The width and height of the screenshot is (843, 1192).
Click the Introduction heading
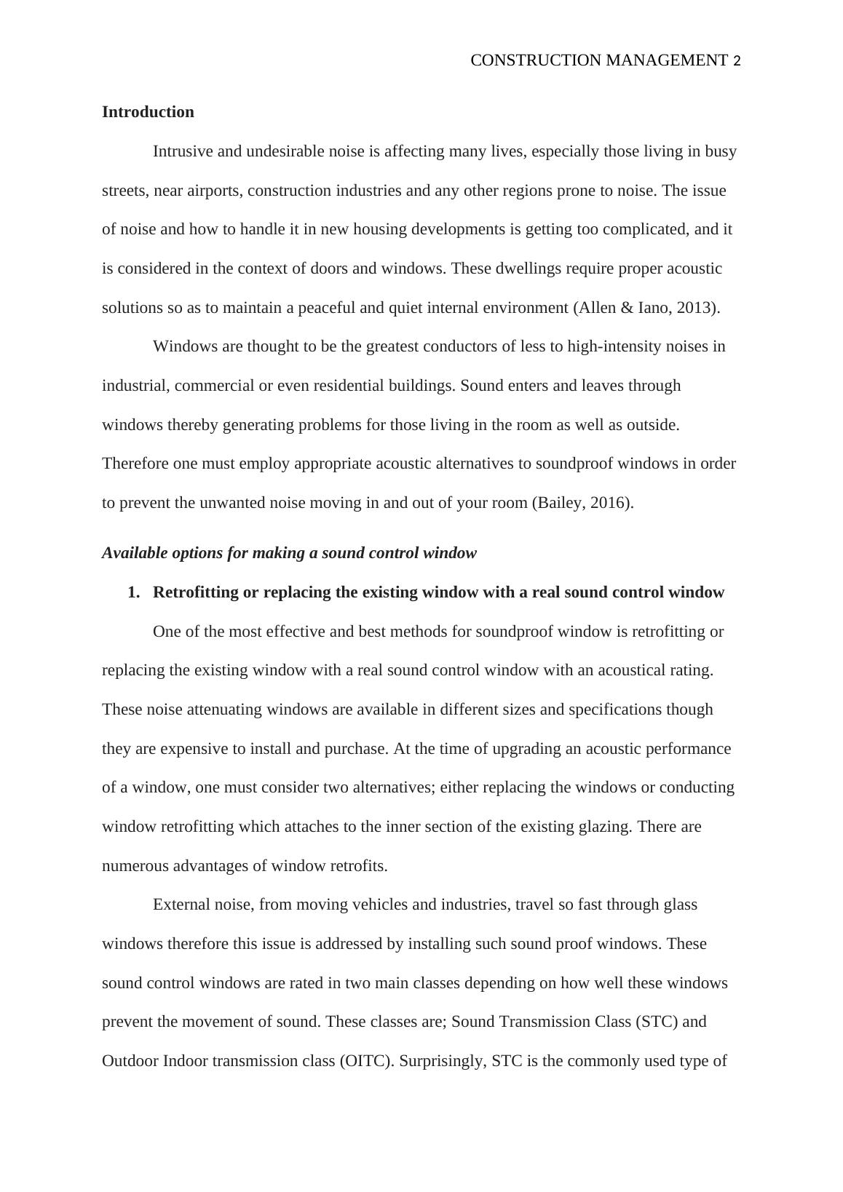[148, 112]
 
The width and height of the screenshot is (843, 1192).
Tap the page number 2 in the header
[737, 61]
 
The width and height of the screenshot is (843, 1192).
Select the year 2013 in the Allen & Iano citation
[697, 308]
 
